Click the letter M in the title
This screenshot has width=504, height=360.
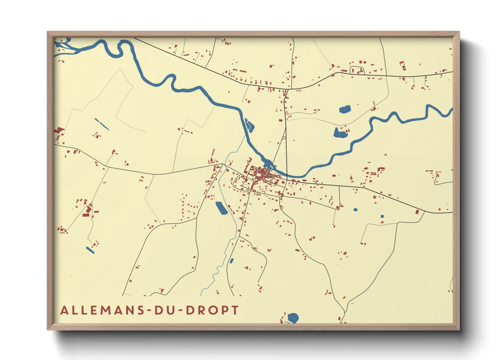tap(105, 310)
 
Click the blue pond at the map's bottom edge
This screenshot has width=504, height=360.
tap(293, 318)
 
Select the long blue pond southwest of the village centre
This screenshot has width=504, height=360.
tap(222, 208)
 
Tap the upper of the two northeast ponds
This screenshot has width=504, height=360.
tap(345, 110)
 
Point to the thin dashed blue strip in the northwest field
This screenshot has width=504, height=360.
tap(101, 124)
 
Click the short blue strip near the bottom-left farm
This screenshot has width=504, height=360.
tap(90, 250)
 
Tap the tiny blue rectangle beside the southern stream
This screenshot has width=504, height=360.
tap(232, 261)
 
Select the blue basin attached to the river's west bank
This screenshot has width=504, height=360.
tap(250, 125)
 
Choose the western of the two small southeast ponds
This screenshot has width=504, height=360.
tap(356, 210)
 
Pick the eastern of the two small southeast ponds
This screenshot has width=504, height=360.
tap(382, 216)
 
